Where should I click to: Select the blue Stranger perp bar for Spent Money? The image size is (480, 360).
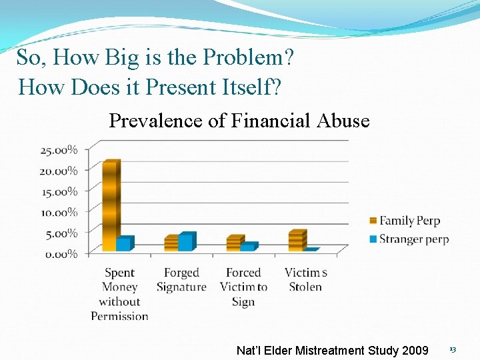[124, 244]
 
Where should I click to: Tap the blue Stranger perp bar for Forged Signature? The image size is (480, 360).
[186, 242]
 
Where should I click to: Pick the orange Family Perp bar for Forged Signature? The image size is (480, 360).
[172, 243]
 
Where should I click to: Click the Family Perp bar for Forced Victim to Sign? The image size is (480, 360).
[234, 243]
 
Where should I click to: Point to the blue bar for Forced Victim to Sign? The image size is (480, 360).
[247, 247]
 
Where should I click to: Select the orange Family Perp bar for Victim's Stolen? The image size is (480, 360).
[297, 241]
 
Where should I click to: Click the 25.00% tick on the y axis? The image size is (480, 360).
[59, 150]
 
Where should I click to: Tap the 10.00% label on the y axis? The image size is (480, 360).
[59, 212]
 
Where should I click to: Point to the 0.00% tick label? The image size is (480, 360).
[61, 253]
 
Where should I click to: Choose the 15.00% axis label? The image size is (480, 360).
[59, 191]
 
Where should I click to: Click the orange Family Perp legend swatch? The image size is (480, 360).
[373, 221]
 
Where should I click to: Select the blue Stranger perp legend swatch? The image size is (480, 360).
[373, 239]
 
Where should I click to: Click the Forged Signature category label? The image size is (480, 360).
[181, 280]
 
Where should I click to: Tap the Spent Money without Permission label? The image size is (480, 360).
[119, 294]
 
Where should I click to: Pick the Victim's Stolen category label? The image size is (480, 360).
[305, 280]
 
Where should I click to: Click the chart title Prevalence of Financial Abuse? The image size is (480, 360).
[239, 121]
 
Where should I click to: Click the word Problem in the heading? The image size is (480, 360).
[247, 58]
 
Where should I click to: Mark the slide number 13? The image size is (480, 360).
[452, 350]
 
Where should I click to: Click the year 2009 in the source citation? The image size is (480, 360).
[413, 350]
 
